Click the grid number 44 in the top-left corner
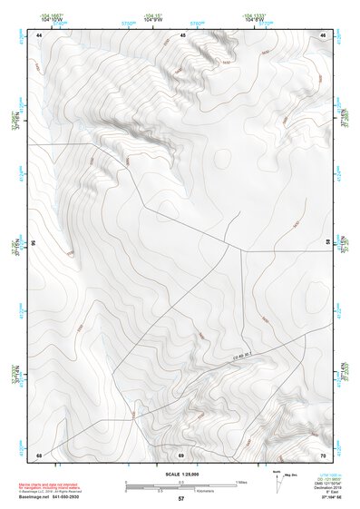39,34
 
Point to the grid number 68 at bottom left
39,454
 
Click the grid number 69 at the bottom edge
180,454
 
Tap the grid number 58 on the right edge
327,243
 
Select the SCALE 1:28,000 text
180,474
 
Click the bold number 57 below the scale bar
180,500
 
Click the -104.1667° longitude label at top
51,15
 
